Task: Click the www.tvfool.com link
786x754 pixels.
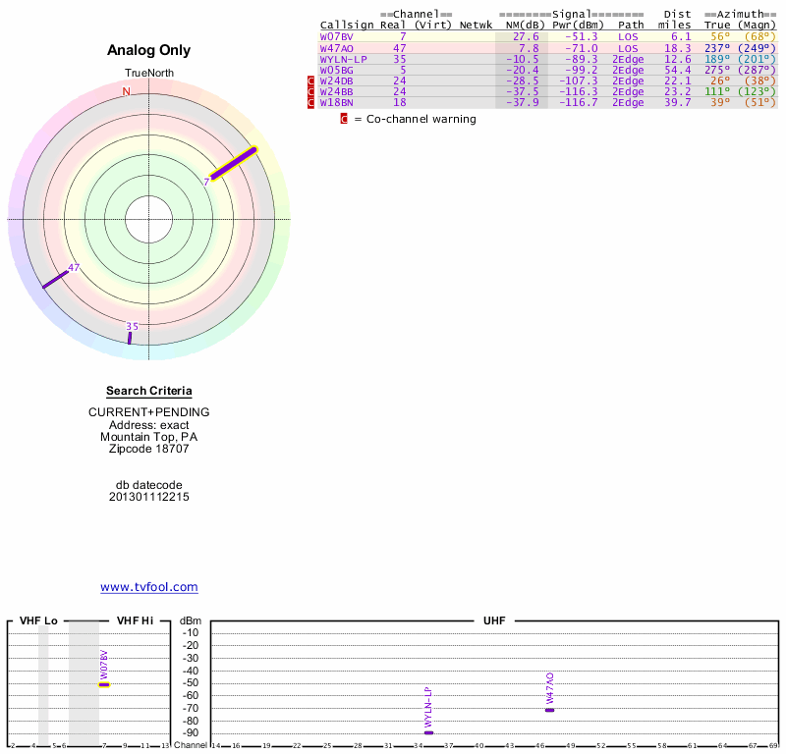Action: coord(149,587)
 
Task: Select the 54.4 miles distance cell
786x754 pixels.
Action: coord(676,70)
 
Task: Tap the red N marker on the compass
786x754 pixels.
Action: coord(126,91)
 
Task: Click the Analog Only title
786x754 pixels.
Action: coord(149,50)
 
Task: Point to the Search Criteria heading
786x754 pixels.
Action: coord(149,391)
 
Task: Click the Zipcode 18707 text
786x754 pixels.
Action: coord(149,449)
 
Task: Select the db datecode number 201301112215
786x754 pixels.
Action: coord(149,497)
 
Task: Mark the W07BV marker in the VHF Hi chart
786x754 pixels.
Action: coord(104,684)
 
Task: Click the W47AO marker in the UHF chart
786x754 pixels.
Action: coord(550,710)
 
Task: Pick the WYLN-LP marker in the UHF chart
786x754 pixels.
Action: coord(428,732)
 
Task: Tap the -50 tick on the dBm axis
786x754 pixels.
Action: coord(191,683)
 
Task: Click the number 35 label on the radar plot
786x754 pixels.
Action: coord(132,326)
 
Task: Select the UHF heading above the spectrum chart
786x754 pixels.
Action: coord(493,621)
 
